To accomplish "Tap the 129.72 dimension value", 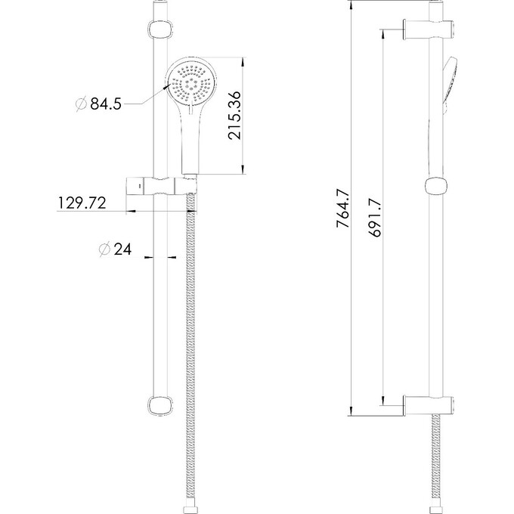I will tap(82, 203).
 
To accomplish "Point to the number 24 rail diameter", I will tap(123, 249).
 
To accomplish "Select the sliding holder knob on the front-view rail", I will tap(159, 186).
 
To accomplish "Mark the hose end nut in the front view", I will tap(190, 502).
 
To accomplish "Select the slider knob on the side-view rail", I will tap(435, 186).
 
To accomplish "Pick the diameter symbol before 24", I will tap(104, 249).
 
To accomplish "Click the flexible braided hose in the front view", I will tap(190, 340).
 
